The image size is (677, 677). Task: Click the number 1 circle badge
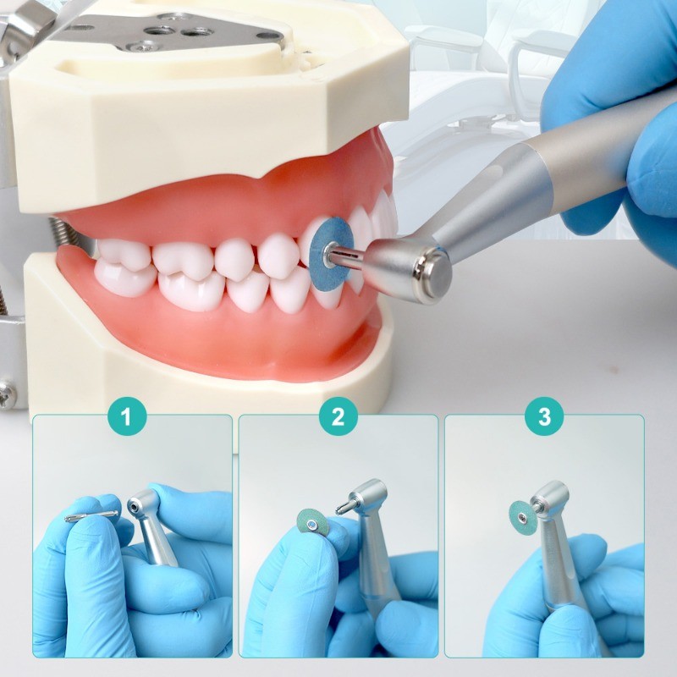pyautogui.click(x=127, y=416)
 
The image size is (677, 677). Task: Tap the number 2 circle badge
pyautogui.click(x=338, y=416)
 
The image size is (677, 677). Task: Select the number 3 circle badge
pyautogui.click(x=544, y=416)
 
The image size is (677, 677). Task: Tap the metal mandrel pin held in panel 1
pyautogui.click(x=91, y=516)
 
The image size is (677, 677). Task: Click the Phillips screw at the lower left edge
pyautogui.click(x=8, y=394)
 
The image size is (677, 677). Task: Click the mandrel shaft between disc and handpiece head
pyautogui.click(x=348, y=257)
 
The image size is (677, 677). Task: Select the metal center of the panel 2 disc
pyautogui.click(x=311, y=524)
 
